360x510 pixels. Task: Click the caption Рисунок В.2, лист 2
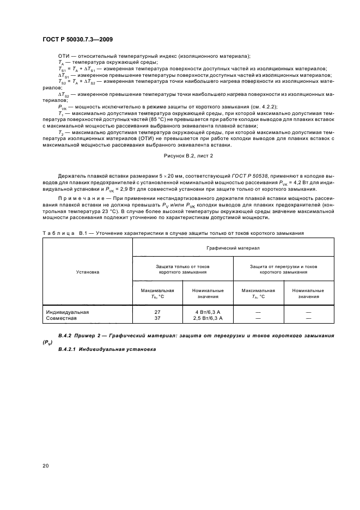tap(188, 156)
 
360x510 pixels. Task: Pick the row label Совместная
tap(62, 318)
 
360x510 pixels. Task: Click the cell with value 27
tap(157, 312)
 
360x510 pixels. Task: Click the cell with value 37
tap(157, 318)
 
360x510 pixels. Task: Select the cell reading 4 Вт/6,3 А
tap(207, 312)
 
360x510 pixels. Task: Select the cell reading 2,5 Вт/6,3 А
tap(207, 318)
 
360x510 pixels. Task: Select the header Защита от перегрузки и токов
tap(283, 266)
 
